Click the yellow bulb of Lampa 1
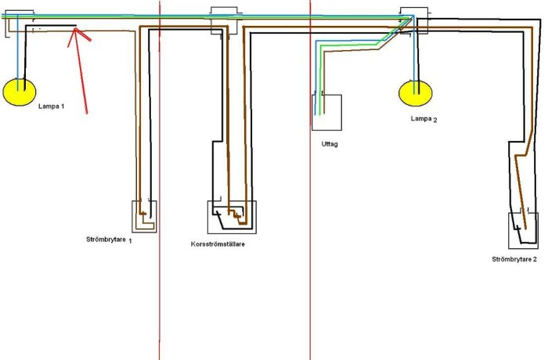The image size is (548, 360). coord(20,92)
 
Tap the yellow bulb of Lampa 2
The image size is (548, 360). coord(416,93)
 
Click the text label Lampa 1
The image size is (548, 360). coord(51,106)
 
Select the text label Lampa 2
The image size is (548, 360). coord(424,119)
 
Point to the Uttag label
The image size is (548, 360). coord(330,144)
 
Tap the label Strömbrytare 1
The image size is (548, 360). coord(109,240)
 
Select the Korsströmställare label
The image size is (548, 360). coord(218,244)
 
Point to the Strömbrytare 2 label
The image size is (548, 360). coord(514,259)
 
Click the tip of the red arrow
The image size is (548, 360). coord(75,29)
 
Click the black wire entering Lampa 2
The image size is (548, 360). coord(418,56)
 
